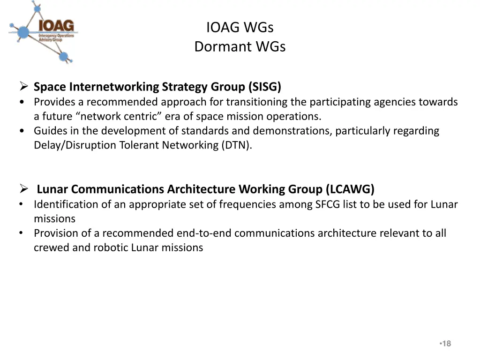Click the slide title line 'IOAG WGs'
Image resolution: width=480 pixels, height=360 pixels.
coord(240,28)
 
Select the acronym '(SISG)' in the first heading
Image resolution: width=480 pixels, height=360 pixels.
coord(265,87)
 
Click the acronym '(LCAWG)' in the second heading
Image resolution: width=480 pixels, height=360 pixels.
coord(352,189)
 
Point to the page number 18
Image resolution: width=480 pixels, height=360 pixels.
coord(446,344)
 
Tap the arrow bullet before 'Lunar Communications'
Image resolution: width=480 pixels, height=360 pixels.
coord(25,189)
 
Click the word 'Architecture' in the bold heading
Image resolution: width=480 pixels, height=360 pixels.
coord(202,189)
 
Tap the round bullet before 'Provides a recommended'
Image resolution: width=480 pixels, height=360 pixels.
coord(22,102)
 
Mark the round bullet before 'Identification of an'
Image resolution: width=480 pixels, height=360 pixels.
coord(22,205)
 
